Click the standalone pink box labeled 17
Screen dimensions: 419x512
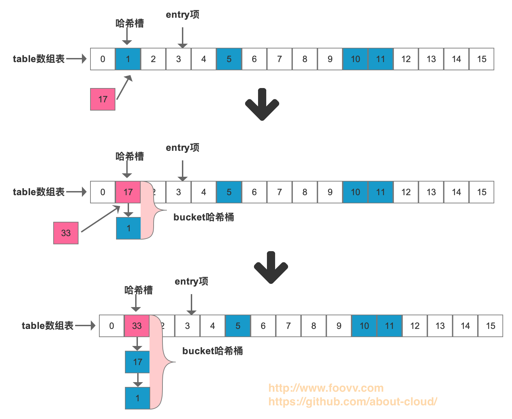(x=103, y=99)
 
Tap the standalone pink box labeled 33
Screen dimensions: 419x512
(x=66, y=233)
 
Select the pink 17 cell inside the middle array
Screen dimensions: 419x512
(x=128, y=192)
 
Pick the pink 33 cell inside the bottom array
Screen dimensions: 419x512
(x=137, y=326)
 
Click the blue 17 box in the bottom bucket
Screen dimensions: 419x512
(x=138, y=362)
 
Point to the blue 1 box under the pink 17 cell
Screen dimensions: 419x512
(x=128, y=228)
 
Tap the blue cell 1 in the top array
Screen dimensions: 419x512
(x=128, y=59)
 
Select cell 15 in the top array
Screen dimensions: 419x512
(x=482, y=59)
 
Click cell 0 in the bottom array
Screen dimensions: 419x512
(x=112, y=326)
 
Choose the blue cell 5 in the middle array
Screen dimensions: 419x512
(x=229, y=192)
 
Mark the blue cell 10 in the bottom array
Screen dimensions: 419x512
(x=364, y=326)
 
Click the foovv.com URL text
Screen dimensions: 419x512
(x=326, y=388)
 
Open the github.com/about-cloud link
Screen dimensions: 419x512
(x=353, y=402)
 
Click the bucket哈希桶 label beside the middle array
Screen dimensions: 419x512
(x=204, y=217)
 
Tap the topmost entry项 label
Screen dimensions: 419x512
(x=183, y=15)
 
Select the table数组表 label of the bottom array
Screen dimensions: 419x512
(x=47, y=326)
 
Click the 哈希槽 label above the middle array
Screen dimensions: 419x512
(x=130, y=157)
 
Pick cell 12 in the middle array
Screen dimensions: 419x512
(x=406, y=192)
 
